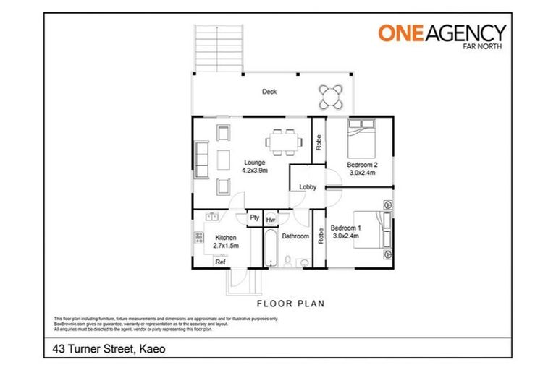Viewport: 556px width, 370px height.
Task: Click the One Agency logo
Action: tap(442, 35)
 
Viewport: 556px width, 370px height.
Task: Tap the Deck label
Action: tap(269, 92)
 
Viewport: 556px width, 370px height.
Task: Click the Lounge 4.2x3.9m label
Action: tap(254, 167)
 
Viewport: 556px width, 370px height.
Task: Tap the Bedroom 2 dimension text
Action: tap(363, 173)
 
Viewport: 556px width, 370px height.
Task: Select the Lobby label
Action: tap(308, 187)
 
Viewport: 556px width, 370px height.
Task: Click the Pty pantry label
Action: tap(255, 218)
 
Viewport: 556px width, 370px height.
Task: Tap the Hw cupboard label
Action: tap(271, 219)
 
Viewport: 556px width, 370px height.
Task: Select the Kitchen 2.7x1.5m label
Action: tap(226, 242)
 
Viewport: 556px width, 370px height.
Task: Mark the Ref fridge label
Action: tap(221, 263)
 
